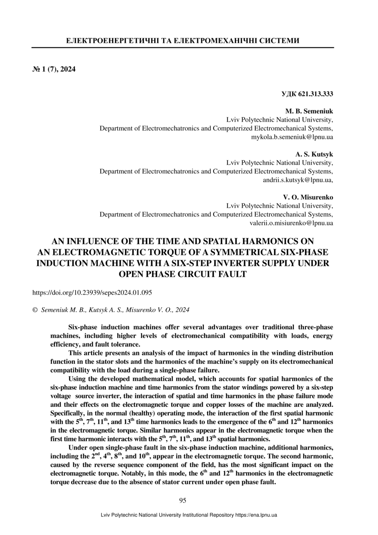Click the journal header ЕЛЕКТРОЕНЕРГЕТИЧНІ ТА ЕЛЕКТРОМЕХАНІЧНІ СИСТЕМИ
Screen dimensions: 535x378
pyautogui.click(x=183, y=41)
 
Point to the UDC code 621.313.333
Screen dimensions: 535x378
pyautogui.click(x=307, y=94)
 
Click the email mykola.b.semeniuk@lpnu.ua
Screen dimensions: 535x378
pyautogui.click(x=292, y=137)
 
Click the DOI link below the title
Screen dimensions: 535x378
pyautogui.click(x=92, y=293)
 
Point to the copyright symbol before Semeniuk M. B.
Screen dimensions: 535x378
pyautogui.click(x=35, y=310)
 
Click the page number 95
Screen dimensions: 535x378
pyautogui.click(x=183, y=500)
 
